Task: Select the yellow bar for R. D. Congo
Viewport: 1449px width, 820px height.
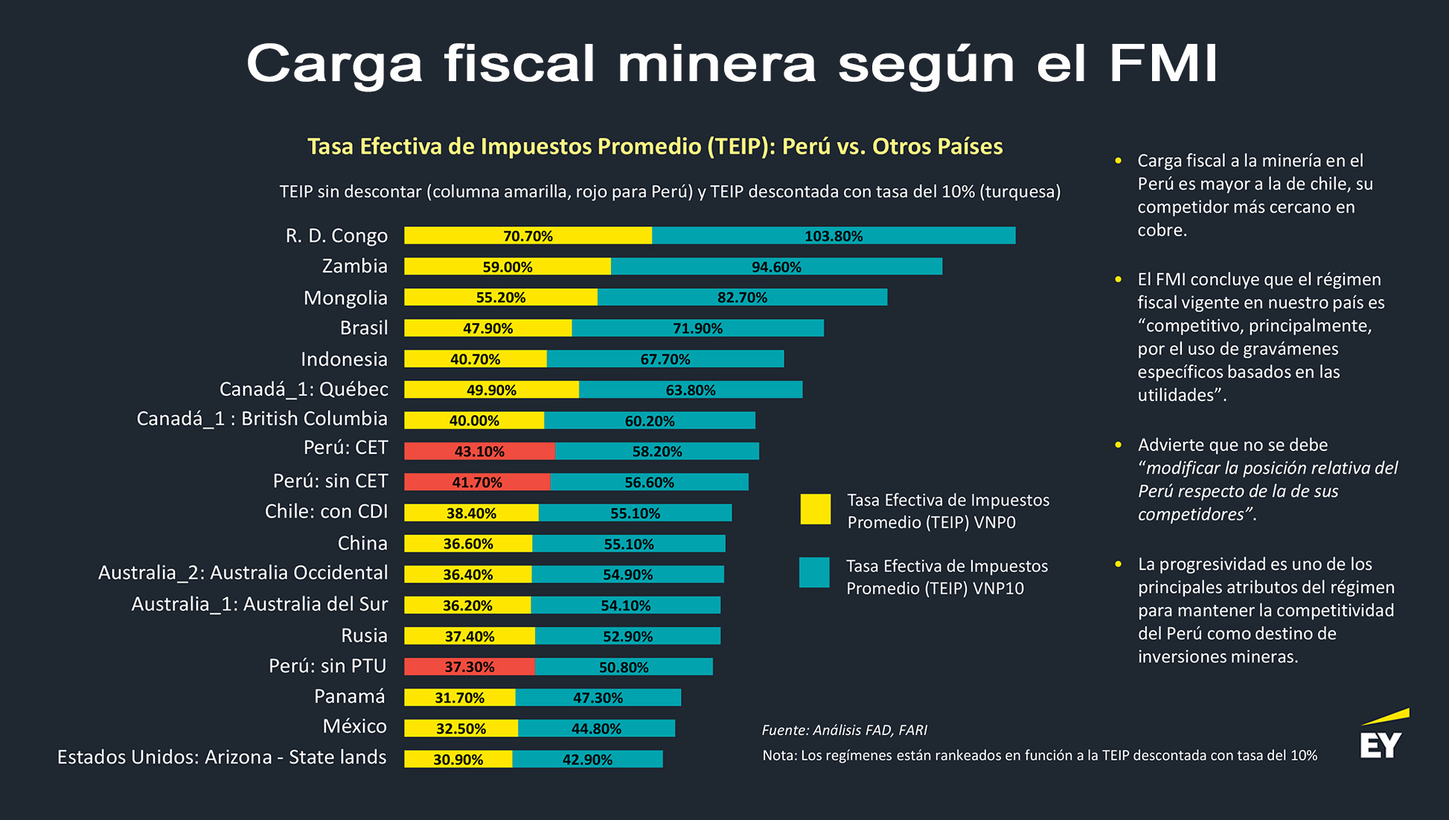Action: point(528,236)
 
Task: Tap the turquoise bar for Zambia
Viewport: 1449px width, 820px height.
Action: point(776,266)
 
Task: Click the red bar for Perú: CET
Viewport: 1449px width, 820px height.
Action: point(479,451)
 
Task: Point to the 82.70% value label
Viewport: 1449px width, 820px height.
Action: point(742,298)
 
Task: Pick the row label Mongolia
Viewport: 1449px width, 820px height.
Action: point(345,298)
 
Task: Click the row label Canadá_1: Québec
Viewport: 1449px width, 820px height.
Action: point(304,389)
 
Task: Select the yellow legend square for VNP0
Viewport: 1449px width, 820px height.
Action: point(815,510)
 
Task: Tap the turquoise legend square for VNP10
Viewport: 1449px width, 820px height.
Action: point(814,573)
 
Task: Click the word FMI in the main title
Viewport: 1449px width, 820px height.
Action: point(1163,63)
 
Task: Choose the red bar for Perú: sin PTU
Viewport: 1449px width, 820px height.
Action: point(469,667)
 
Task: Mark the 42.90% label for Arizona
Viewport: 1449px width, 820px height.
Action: point(587,760)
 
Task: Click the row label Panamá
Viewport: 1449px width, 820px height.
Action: point(350,696)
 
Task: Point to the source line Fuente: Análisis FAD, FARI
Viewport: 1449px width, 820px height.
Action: point(844,730)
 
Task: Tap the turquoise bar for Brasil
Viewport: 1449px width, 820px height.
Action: point(697,328)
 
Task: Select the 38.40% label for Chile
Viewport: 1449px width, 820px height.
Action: point(471,513)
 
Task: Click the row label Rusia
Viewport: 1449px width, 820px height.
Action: point(364,635)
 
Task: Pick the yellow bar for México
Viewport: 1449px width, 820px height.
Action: point(461,728)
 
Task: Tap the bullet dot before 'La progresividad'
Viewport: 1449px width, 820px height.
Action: point(1118,564)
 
